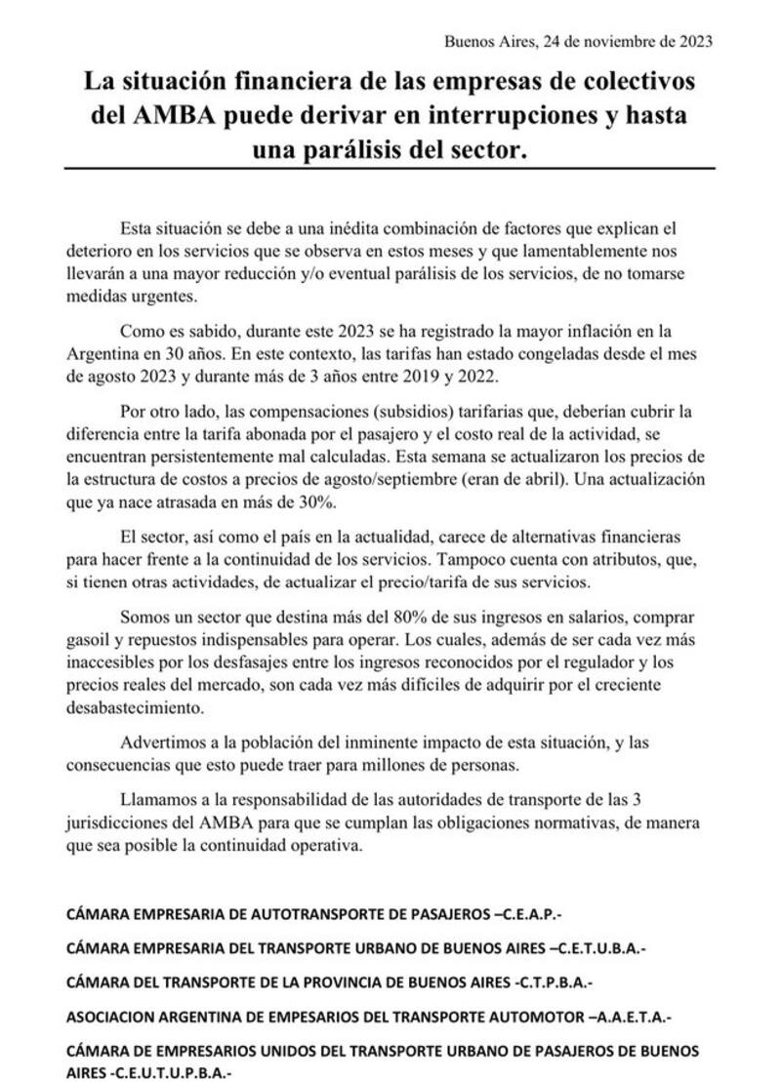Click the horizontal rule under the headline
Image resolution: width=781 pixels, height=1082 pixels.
point(390,169)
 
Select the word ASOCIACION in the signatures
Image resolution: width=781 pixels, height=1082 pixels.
point(113,1017)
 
